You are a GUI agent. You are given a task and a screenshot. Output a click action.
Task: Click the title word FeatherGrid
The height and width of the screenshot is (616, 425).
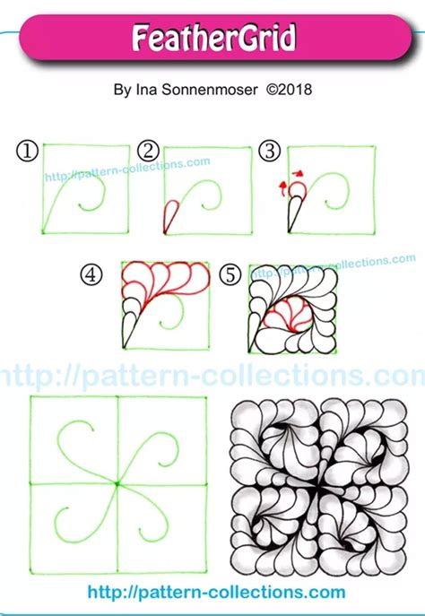213,39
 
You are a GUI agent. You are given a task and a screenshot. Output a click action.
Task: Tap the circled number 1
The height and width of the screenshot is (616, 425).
27,152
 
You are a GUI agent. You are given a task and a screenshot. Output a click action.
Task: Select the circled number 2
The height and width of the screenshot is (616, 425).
149,152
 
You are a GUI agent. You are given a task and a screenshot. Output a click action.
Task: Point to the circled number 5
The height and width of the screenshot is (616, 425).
230,275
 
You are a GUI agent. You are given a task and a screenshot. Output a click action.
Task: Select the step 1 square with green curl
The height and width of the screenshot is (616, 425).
85,189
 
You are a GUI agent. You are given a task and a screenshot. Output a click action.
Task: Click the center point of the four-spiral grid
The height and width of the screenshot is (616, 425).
117,484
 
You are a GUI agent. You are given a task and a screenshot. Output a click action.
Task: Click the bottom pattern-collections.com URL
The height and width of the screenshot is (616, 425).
216,593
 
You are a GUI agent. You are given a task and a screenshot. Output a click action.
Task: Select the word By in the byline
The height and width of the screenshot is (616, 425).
123,90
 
